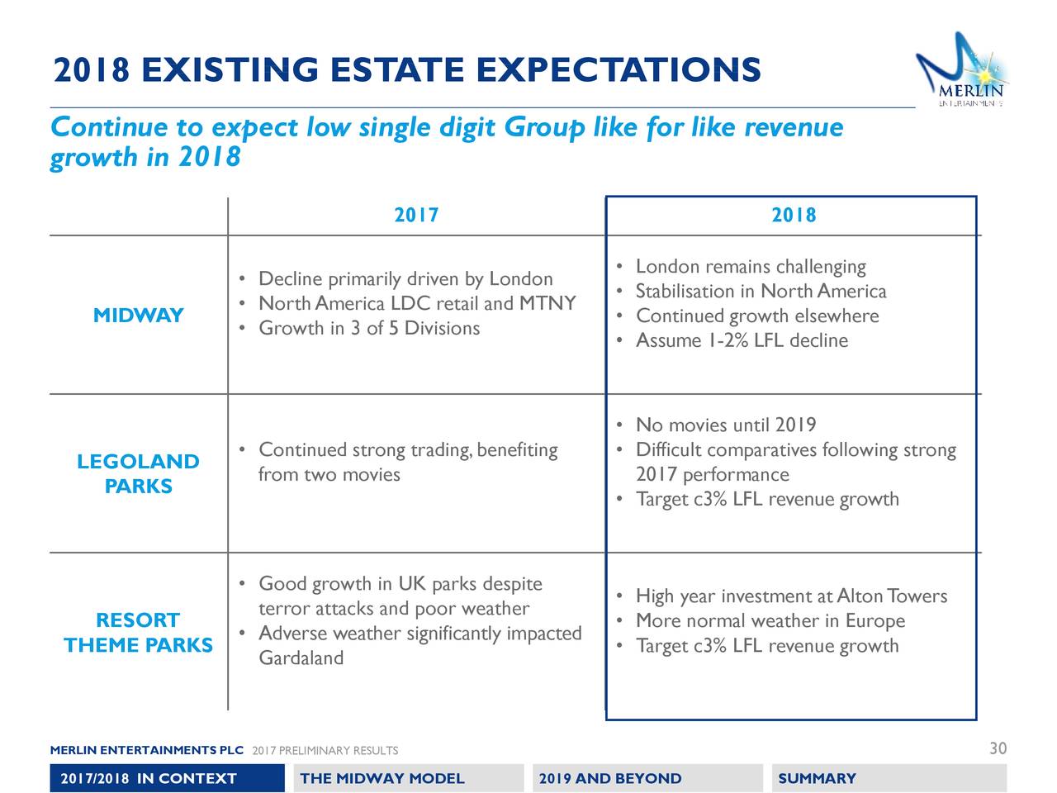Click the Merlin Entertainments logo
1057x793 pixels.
pyautogui.click(x=963, y=73)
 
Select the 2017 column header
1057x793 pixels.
pyautogui.click(x=416, y=216)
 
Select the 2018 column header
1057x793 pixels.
pyautogui.click(x=794, y=216)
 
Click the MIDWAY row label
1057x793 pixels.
pyautogui.click(x=138, y=316)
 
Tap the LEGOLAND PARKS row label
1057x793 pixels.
pyautogui.click(x=138, y=473)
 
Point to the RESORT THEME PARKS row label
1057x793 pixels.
pyautogui.click(x=138, y=633)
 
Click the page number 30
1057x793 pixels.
pyautogui.click(x=998, y=748)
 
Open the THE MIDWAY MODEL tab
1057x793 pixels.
pyautogui.click(x=382, y=778)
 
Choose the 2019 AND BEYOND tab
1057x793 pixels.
pyautogui.click(x=610, y=778)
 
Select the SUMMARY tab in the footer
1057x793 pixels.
pyautogui.click(x=817, y=778)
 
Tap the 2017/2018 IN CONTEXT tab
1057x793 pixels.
pyautogui.click(x=149, y=778)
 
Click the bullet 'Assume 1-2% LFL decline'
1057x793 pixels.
pyautogui.click(x=742, y=341)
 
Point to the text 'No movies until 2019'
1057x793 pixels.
pyautogui.click(x=726, y=425)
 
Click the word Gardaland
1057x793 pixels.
pyautogui.click(x=301, y=658)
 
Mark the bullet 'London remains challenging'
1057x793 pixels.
pyautogui.click(x=751, y=267)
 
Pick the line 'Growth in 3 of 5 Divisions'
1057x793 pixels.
pyautogui.click(x=368, y=329)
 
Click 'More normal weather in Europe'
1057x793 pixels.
pyautogui.click(x=770, y=621)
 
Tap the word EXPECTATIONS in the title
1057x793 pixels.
pyautogui.click(x=619, y=71)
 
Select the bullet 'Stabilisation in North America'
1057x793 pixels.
pyautogui.click(x=761, y=292)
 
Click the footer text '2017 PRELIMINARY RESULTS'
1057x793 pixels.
pyautogui.click(x=325, y=751)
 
